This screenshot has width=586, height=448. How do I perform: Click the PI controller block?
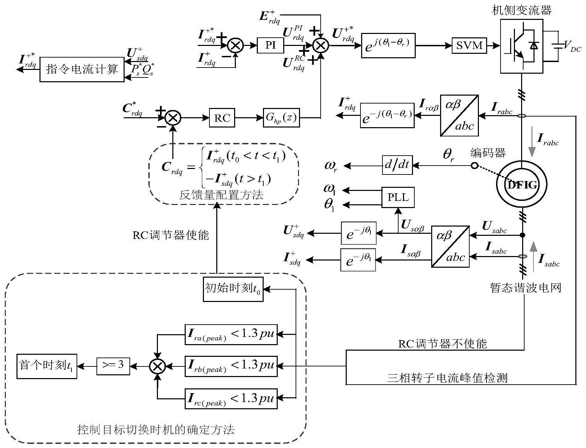[271, 45]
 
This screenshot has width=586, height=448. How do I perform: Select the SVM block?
[469, 45]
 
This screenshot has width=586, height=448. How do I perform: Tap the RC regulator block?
[222, 118]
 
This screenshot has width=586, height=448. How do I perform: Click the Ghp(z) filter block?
[280, 118]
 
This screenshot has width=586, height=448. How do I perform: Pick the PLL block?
[398, 197]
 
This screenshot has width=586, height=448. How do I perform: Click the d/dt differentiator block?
[397, 165]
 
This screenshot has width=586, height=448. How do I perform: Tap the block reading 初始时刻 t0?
[233, 289]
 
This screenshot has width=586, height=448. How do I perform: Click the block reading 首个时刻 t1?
[47, 366]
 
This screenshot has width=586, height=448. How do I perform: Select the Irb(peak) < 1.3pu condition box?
[231, 366]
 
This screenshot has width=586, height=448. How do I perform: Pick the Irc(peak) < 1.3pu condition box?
[231, 399]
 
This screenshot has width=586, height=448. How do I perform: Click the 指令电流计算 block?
[82, 70]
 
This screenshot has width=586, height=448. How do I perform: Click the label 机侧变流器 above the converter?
[522, 10]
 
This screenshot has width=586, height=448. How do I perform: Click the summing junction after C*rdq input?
[173, 118]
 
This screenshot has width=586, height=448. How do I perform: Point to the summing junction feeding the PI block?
[236, 45]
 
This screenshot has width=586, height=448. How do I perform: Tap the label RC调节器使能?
[171, 235]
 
